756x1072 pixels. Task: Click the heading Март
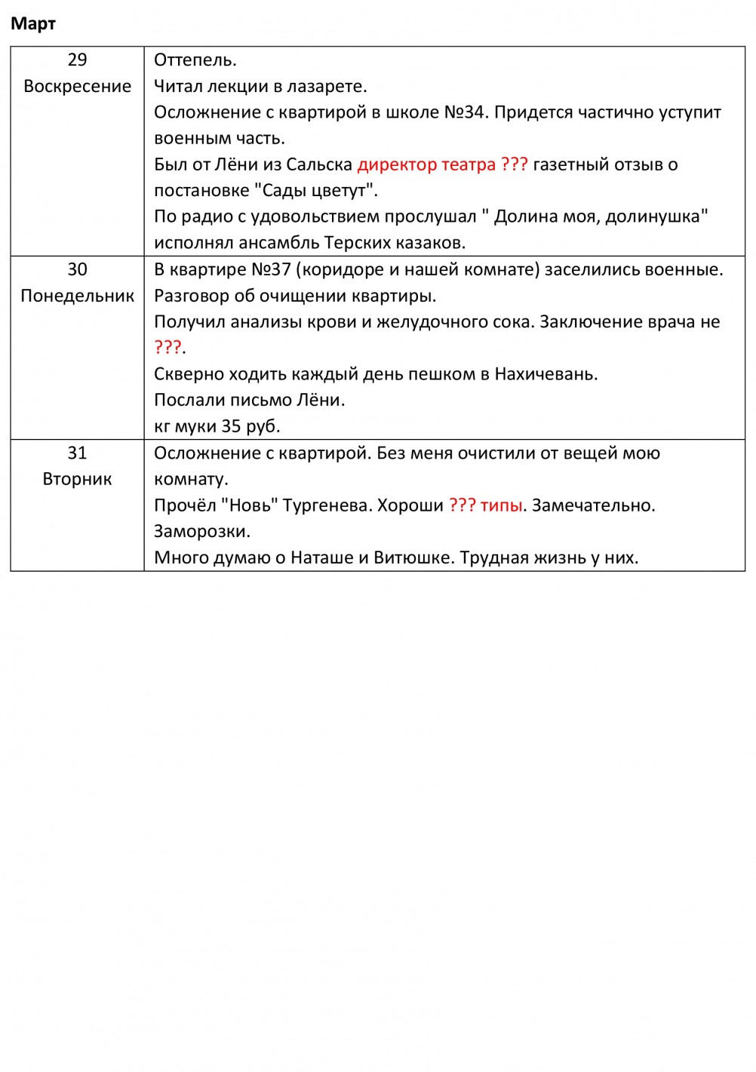(x=33, y=24)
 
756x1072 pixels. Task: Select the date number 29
(x=77, y=60)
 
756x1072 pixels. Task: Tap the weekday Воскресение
(x=77, y=87)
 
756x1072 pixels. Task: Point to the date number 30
(x=77, y=270)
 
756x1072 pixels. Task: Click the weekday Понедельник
(x=77, y=296)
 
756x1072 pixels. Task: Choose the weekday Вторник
(x=77, y=480)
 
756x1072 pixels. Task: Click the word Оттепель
(x=195, y=60)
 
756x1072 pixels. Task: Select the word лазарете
(x=327, y=87)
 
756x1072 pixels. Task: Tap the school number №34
(x=463, y=112)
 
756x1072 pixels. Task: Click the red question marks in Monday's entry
(x=167, y=348)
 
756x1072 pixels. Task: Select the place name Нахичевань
(x=545, y=374)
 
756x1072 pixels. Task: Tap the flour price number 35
(x=231, y=426)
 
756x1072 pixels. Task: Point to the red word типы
(x=501, y=505)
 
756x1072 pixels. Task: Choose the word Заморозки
(x=201, y=532)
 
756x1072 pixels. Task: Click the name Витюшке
(x=413, y=558)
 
